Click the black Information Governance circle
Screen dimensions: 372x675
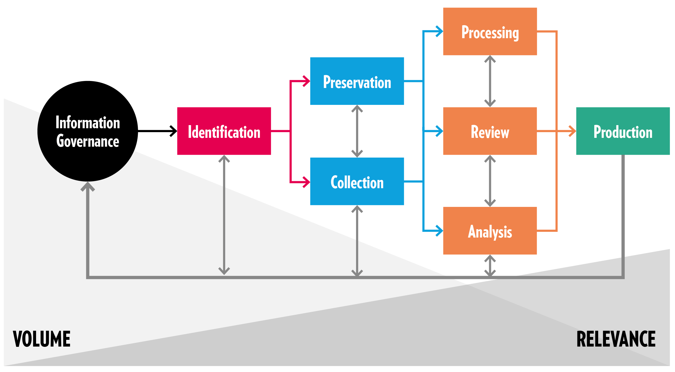[x=87, y=131]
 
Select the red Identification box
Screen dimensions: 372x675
[x=224, y=131]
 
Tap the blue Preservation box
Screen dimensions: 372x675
[x=357, y=81]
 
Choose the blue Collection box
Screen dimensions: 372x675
[x=357, y=181]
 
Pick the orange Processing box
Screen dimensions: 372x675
[x=490, y=31]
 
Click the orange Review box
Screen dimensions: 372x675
[x=490, y=131]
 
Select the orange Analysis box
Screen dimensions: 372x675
[x=490, y=231]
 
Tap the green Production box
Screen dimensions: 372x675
[x=623, y=131]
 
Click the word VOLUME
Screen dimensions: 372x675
[x=42, y=339]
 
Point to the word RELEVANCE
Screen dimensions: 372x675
[x=616, y=339]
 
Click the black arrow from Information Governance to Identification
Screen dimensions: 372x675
[x=157, y=131]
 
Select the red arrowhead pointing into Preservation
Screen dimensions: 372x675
[x=306, y=81]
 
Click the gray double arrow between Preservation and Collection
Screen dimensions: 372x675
[x=357, y=131]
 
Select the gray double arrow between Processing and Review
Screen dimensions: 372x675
[x=490, y=81]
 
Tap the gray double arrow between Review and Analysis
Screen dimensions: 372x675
[x=490, y=181]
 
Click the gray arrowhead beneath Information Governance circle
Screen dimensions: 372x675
[x=87, y=187]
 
